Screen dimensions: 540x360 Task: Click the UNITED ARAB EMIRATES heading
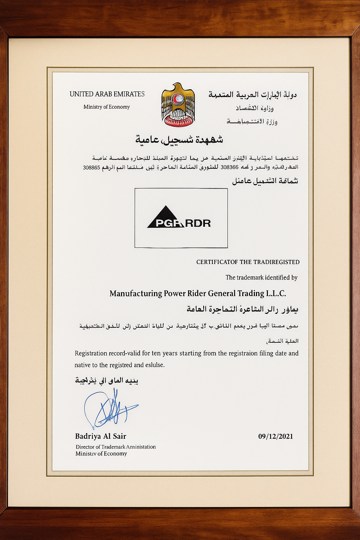tap(107, 94)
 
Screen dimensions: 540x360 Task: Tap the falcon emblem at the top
tap(178, 104)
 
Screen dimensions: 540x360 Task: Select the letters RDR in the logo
tap(198, 223)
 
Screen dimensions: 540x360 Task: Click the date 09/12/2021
tap(276, 436)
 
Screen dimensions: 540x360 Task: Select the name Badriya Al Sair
tap(101, 436)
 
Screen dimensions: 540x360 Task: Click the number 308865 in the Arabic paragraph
tap(91, 167)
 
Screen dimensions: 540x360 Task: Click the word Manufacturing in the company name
tap(136, 293)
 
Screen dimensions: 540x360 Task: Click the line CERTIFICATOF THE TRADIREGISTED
tap(248, 262)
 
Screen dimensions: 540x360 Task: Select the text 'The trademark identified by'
tap(262, 277)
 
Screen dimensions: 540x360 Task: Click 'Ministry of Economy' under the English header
tap(107, 107)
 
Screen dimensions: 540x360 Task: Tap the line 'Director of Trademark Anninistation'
tap(116, 447)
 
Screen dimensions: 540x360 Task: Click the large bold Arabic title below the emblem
tap(179, 140)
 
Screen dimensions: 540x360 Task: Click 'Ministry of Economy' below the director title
tap(101, 454)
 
